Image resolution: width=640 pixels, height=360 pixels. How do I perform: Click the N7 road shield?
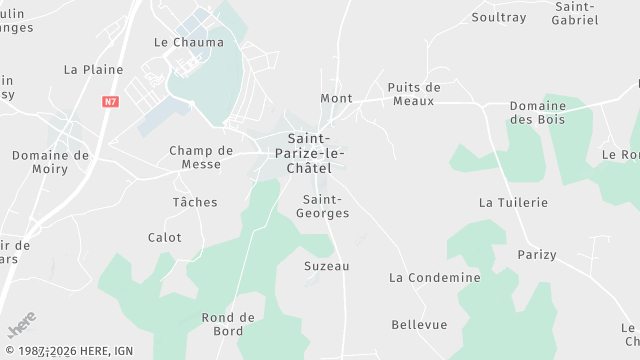coord(110,101)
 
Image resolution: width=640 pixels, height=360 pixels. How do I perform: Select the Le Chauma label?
coord(189,42)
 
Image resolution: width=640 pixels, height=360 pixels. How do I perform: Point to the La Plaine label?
coord(93,70)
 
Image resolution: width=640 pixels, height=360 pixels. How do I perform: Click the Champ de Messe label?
coord(201,157)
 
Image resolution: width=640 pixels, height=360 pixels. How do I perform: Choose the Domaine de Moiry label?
coord(50,162)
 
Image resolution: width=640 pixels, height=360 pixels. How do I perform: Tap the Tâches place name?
coord(195,202)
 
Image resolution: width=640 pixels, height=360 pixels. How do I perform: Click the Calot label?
coord(165,238)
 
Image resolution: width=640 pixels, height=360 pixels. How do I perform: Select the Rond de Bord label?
coord(229,324)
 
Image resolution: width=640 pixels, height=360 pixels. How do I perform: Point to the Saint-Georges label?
coord(326,206)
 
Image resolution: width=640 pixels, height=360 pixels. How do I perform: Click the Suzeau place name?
coord(327,266)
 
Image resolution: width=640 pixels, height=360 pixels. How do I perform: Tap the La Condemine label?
coord(435,277)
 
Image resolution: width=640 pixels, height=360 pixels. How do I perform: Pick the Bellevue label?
coord(419,325)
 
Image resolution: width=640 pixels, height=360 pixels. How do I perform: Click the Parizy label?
coord(537,255)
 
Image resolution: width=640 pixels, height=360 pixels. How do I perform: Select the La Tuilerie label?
coord(514,202)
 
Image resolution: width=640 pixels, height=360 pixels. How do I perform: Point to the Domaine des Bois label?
coord(537,112)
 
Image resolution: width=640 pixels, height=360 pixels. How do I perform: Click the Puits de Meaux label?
coord(414,93)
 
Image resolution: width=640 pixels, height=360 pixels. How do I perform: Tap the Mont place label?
coord(336,98)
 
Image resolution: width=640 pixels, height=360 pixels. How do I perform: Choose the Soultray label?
coord(498,17)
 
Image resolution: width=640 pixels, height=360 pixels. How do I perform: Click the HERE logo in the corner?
coord(22,326)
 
